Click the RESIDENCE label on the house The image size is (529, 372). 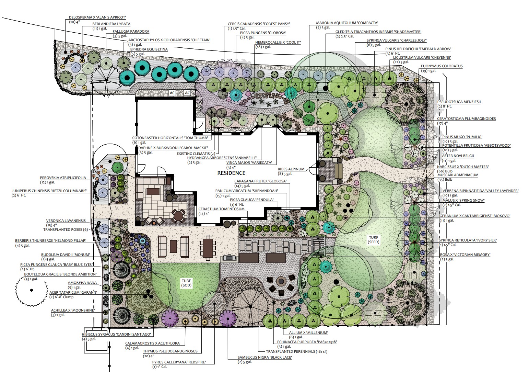pyautogui.click(x=231, y=173)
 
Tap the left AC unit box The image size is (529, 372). pyautogui.click(x=172, y=93)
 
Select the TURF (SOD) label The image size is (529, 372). pyautogui.click(x=186, y=283)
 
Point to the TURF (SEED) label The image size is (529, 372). pyautogui.click(x=373, y=239)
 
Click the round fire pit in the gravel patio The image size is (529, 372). pyautogui.click(x=281, y=281)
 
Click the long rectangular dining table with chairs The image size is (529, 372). pyautogui.click(x=208, y=248)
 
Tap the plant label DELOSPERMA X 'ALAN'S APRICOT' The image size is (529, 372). pyautogui.click(x=97, y=17)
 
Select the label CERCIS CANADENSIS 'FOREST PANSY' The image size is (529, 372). pyautogui.click(x=259, y=24)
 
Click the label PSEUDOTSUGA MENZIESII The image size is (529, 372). pyautogui.click(x=459, y=102)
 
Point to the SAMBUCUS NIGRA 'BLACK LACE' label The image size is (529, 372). pyautogui.click(x=265, y=357)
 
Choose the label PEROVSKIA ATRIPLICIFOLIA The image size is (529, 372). pyautogui.click(x=63, y=178)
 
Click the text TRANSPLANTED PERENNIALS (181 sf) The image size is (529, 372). pyautogui.click(x=297, y=351)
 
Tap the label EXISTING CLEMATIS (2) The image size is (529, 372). pyautogui.click(x=196, y=154)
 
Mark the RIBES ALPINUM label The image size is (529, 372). pyautogui.click(x=291, y=169)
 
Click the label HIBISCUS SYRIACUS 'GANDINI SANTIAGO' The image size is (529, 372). pyautogui.click(x=116, y=334)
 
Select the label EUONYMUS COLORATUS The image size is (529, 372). pyautogui.click(x=442, y=66)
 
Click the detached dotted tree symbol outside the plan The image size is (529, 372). pyautogui.click(x=32, y=290)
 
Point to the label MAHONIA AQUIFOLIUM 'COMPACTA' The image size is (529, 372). pyautogui.click(x=347, y=23)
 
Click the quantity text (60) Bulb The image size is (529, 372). pyautogui.click(x=445, y=171)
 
